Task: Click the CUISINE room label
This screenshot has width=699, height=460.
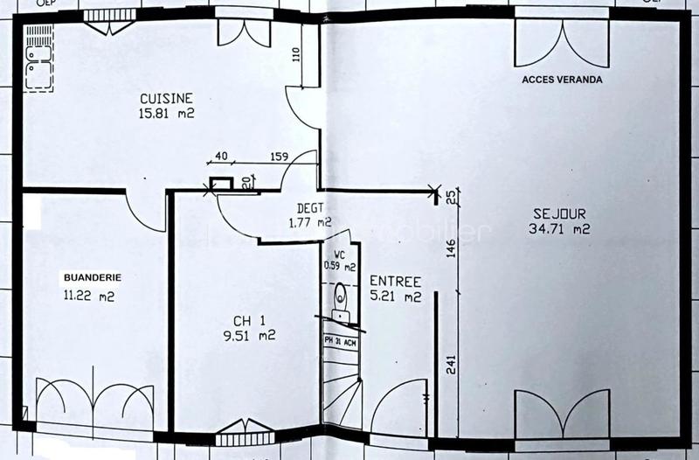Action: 165,99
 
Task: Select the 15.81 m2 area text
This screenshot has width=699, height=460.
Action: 165,113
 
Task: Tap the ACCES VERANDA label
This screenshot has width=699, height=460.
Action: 563,80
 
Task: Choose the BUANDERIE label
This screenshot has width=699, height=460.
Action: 92,278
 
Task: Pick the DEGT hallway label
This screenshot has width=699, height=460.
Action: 310,208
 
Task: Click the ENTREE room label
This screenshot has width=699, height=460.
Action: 395,282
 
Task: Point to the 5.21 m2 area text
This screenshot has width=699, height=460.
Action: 395,296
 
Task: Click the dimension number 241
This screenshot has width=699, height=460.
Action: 451,366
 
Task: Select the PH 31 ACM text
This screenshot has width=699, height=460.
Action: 341,341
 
